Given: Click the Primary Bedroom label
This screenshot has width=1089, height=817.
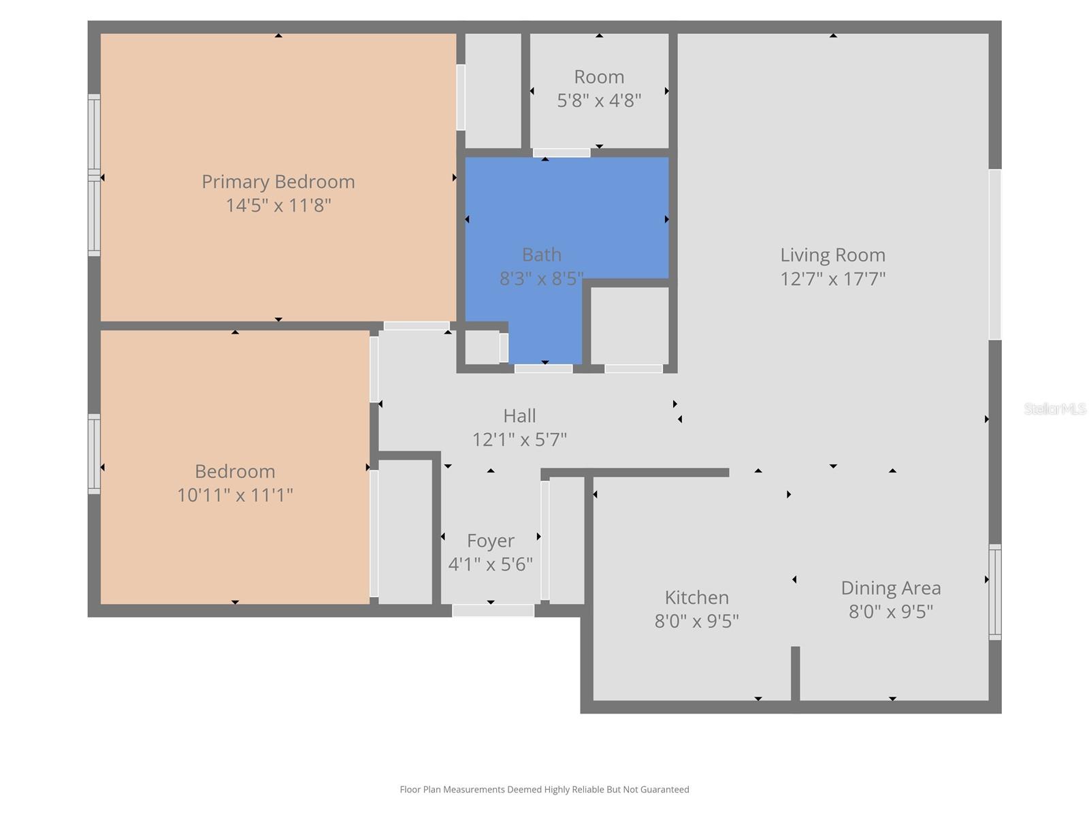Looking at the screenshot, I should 278,182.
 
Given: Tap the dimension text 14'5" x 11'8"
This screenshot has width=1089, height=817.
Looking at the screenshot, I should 278,206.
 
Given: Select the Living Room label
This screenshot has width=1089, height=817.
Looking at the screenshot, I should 832,255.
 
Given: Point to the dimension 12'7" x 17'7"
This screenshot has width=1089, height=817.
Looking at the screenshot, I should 832,279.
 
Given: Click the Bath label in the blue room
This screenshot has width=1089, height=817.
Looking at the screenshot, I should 542,255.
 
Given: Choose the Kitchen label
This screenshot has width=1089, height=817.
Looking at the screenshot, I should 696,598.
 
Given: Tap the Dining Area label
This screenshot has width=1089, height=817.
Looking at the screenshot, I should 890,588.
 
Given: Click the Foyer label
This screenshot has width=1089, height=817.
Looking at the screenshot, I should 490,541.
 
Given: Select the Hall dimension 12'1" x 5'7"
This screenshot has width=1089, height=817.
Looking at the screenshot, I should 519,440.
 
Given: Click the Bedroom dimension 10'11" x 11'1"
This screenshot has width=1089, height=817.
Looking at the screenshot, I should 235,495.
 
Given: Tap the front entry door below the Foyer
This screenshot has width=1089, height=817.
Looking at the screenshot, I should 493,611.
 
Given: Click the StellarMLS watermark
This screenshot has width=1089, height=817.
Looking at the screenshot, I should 1054,408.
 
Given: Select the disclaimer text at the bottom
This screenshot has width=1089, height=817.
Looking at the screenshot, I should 544,790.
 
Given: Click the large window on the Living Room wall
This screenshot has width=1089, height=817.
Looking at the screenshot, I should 994,254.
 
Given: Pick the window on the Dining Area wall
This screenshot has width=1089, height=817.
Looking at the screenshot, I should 994,592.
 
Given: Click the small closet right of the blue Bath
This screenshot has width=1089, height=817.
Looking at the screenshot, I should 630,325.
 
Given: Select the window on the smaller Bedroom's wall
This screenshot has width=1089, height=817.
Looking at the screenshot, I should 94,453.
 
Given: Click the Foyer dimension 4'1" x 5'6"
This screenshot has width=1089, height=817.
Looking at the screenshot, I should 490,564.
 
